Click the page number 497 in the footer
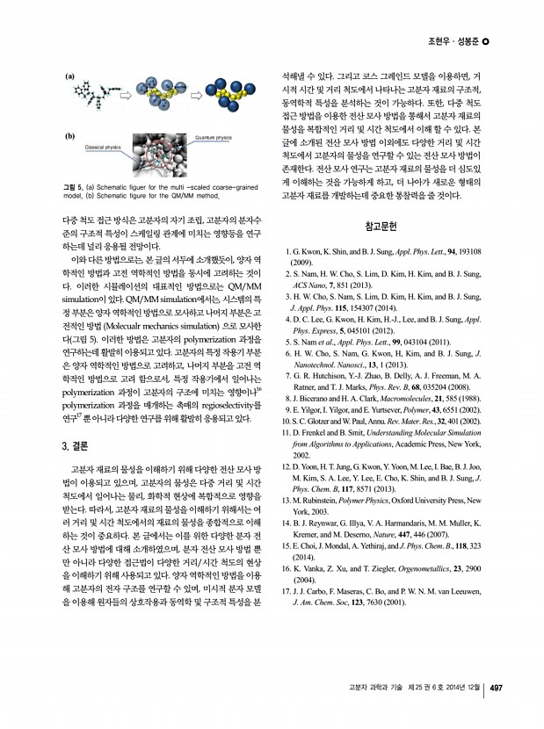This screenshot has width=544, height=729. point(496,688)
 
